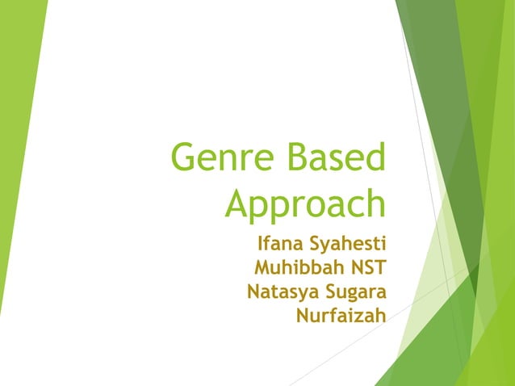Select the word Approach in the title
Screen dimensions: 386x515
coord(305,203)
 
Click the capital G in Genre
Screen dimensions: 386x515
coord(186,158)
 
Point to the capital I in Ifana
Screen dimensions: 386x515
coord(260,244)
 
